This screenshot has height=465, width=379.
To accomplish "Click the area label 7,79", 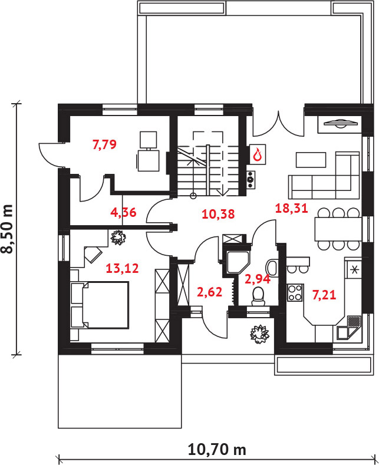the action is [104, 144].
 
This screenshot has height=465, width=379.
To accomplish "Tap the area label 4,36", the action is [123, 212].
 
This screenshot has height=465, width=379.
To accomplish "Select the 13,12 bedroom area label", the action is [122, 268].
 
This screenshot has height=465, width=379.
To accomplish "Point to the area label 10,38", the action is [218, 214].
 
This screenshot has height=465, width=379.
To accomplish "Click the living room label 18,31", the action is [292, 208].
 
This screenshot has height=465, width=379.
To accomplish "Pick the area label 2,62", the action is [209, 292].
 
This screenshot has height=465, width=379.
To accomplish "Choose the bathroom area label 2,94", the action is [258, 279].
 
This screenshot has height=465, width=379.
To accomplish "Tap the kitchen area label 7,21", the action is [324, 295].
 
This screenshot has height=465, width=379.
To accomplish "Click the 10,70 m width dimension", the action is [217, 450].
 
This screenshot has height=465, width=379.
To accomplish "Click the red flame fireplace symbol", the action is [258, 154].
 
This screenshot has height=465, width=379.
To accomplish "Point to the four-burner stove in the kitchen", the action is [295, 293].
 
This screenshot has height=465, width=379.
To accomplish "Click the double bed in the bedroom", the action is [100, 305].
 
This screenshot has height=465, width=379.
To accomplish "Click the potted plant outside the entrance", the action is [259, 334].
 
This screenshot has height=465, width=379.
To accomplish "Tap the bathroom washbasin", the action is [272, 268].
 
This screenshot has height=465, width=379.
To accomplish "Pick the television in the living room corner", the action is [340, 123].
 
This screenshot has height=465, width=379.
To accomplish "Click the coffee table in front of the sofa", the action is [311, 160].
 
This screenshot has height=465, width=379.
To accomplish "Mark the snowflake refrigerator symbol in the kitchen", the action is [354, 269].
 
